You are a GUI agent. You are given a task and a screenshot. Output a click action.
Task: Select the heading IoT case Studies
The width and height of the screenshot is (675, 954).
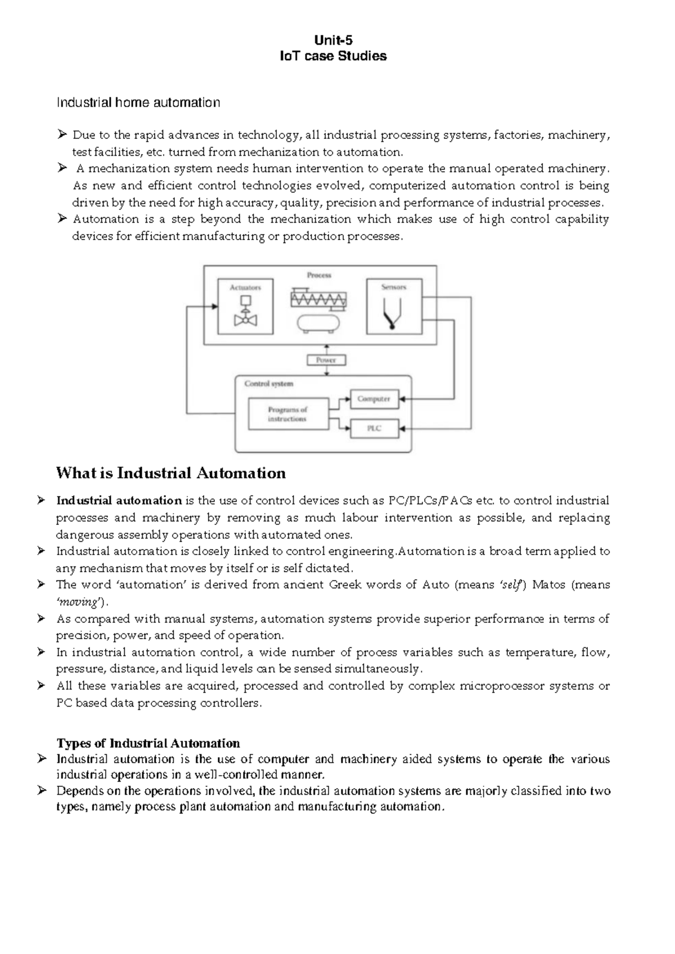pyautogui.click(x=334, y=56)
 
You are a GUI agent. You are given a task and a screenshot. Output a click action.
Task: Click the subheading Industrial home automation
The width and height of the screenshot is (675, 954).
pyautogui.click(x=138, y=102)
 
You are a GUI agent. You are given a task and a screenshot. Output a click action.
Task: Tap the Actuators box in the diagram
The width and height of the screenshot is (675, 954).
pyautogui.click(x=245, y=307)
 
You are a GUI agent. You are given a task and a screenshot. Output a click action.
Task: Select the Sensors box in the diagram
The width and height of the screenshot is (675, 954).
pyautogui.click(x=394, y=307)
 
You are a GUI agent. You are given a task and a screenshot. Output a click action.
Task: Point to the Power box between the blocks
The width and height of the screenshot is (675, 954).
pyautogui.click(x=326, y=360)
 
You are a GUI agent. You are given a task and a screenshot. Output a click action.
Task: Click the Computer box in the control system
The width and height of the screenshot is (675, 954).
pyautogui.click(x=374, y=399)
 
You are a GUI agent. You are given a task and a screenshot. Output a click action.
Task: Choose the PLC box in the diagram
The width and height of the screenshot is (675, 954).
pyautogui.click(x=374, y=429)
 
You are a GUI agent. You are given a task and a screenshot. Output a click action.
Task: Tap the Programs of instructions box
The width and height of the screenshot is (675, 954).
pyautogui.click(x=288, y=415)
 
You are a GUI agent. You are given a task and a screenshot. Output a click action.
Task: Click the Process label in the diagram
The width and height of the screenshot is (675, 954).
pyautogui.click(x=319, y=275)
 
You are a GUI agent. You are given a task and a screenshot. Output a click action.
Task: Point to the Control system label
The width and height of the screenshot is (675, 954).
pyautogui.click(x=269, y=384)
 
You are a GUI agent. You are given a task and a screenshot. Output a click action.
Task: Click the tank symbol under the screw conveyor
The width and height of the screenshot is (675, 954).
pyautogui.click(x=318, y=323)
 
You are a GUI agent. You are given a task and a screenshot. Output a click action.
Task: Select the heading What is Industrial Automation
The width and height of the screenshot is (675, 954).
pyautogui.click(x=170, y=473)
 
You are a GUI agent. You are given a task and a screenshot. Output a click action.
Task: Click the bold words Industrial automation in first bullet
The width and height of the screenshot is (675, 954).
pyautogui.click(x=119, y=501)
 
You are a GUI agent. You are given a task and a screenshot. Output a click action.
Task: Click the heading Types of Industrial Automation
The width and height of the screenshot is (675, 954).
pyautogui.click(x=148, y=743)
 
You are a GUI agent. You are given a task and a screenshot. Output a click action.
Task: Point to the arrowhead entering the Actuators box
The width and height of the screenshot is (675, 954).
pyautogui.click(x=215, y=307)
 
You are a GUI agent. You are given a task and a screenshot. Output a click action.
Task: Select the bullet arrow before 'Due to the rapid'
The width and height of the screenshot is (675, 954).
pyautogui.click(x=62, y=135)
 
